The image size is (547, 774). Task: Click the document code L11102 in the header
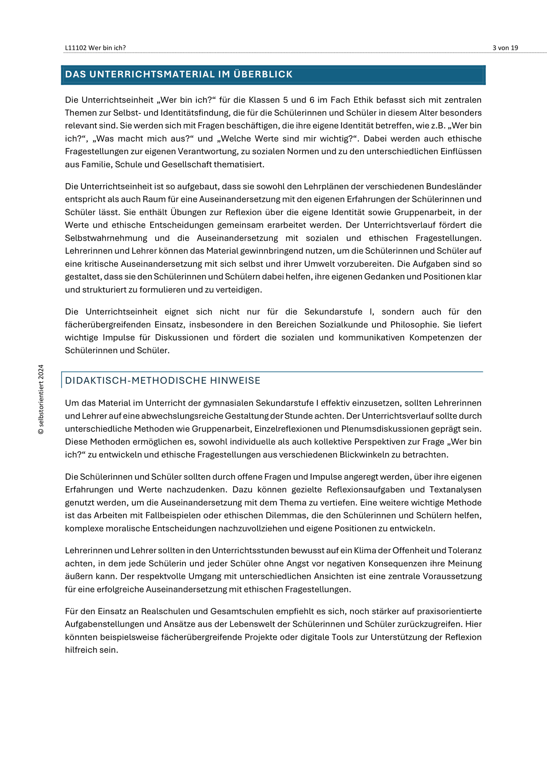click(x=76, y=48)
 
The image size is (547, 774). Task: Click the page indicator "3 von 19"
click(x=505, y=48)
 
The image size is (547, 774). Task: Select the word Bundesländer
click(x=454, y=187)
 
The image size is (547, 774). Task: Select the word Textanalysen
click(x=455, y=490)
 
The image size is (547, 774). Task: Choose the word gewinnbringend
click(x=269, y=251)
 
